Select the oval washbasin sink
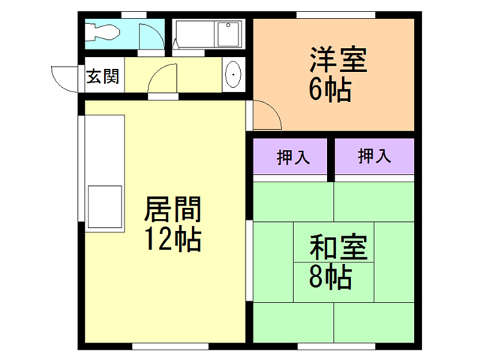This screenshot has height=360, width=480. click(x=232, y=76)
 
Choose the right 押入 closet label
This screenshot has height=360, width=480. click(x=373, y=157)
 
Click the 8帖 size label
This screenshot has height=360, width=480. click(x=330, y=278)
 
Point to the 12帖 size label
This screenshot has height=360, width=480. click(x=172, y=239)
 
